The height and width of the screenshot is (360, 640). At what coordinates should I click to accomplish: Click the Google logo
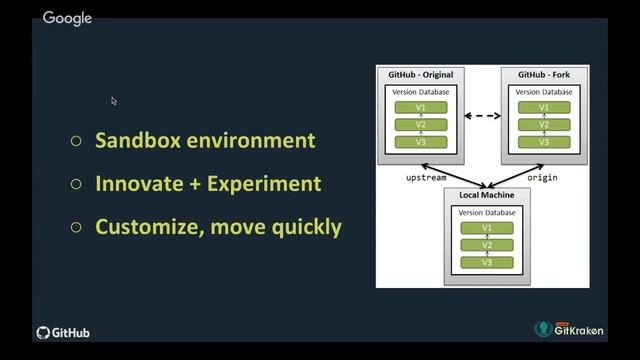[67, 18]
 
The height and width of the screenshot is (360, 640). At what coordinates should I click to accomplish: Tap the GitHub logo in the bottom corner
[64, 333]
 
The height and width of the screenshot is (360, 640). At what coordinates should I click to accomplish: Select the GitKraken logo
[569, 329]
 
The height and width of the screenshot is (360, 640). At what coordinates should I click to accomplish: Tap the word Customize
[150, 227]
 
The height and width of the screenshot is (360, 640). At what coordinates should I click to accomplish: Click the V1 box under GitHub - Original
[420, 107]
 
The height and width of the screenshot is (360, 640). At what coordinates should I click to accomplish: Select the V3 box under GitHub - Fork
[543, 142]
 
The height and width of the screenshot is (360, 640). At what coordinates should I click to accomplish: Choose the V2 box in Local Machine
[487, 245]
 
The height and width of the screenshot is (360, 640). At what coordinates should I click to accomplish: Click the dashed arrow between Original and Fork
[482, 116]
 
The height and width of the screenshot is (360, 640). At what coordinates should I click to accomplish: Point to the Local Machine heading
[487, 197]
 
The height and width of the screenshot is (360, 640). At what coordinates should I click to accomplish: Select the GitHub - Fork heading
[545, 75]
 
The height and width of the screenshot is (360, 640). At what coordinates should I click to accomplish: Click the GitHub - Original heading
[420, 75]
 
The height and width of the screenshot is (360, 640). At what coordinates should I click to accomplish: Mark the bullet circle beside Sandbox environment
[76, 141]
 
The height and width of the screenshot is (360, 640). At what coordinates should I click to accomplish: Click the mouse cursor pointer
[114, 101]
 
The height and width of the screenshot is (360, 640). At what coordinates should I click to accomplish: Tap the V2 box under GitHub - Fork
[543, 125]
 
